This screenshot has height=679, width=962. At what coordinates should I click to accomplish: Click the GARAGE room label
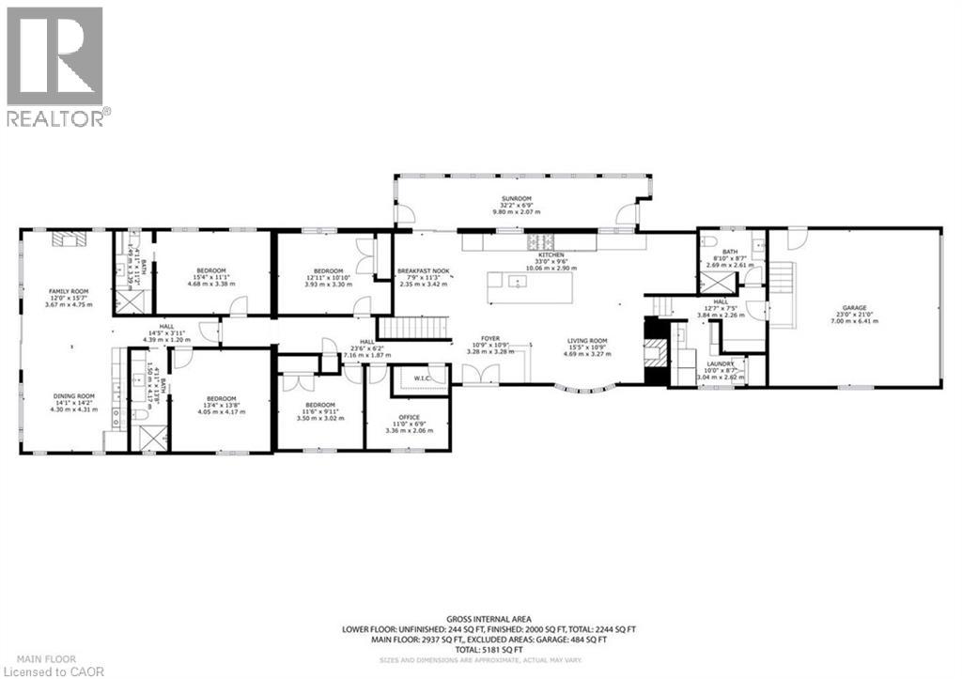pos(853,307)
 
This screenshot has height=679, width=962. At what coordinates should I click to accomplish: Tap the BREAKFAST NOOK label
pos(423,271)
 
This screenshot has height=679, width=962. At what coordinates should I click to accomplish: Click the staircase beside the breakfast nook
pos(413,330)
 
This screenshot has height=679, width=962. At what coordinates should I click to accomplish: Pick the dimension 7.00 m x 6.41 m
pos(853,320)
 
